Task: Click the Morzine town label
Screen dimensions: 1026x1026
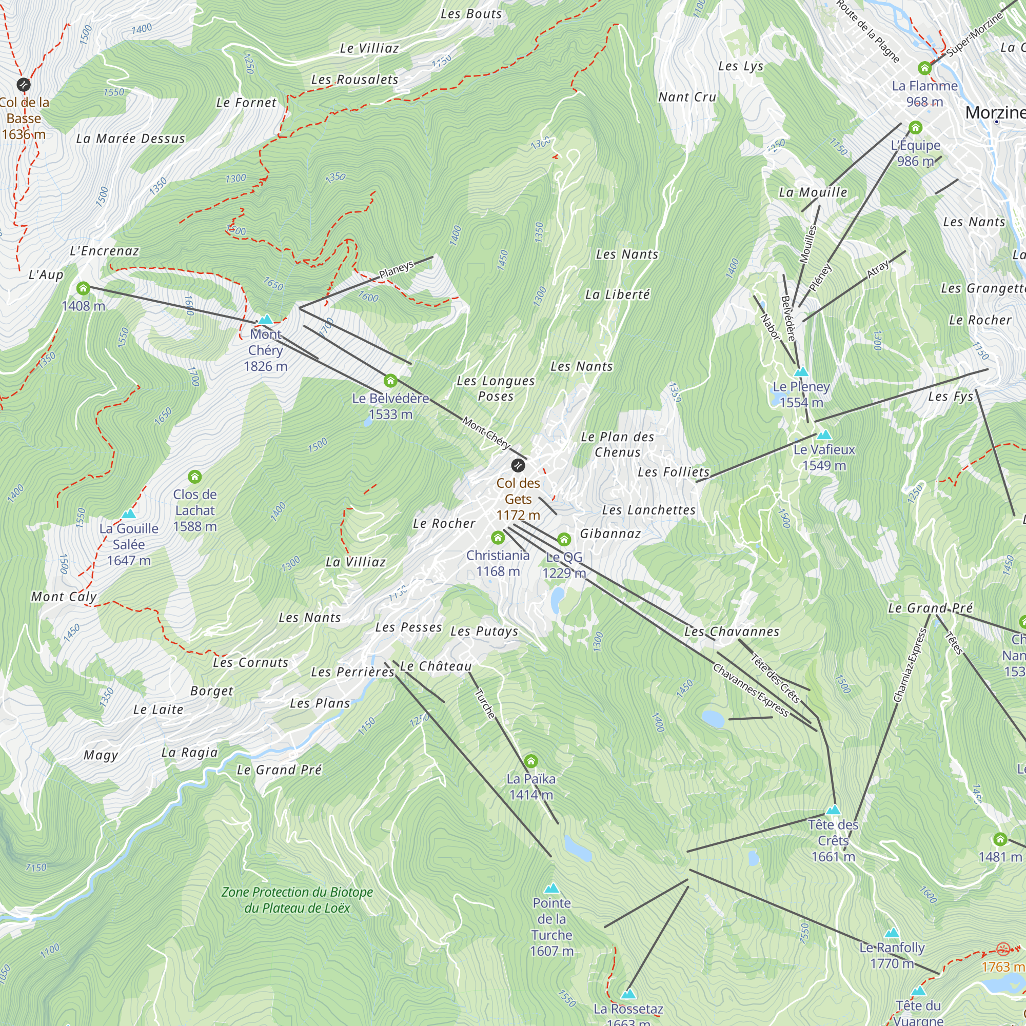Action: point(994,112)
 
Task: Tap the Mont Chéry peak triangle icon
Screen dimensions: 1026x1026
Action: point(266,320)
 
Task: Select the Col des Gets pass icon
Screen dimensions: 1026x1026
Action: point(518,466)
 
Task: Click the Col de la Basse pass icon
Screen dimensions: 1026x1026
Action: point(24,85)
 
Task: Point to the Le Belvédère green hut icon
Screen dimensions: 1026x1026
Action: point(390,380)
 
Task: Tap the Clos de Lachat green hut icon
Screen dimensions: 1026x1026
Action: point(195,477)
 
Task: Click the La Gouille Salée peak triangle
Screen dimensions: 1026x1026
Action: point(129,514)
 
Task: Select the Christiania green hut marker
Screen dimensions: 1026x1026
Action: point(498,538)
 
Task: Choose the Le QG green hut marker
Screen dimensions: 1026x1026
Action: point(564,540)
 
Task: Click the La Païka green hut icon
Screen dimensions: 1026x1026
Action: point(531,761)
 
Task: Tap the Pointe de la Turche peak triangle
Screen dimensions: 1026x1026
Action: point(552,888)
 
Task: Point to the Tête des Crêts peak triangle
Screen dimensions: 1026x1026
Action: point(833,810)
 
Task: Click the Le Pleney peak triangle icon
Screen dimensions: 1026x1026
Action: point(801,372)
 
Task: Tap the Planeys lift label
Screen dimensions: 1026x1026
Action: point(396,270)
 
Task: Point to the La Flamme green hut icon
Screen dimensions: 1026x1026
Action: point(924,68)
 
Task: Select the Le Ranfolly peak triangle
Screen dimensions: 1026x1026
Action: point(892,933)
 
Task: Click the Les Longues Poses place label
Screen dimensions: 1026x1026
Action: point(496,388)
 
